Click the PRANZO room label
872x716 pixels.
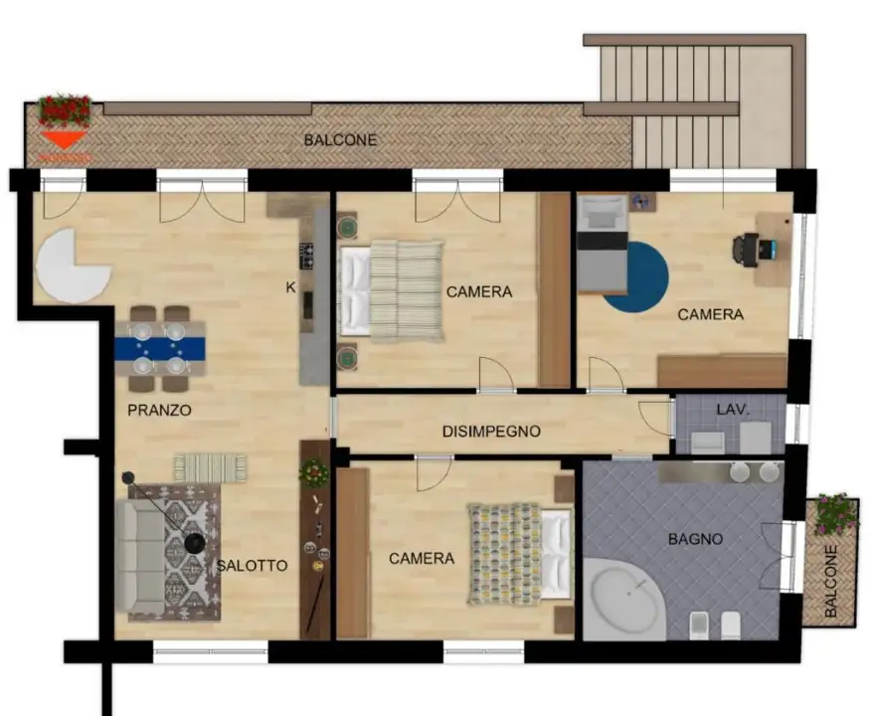[159, 410]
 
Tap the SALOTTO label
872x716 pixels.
[252, 566]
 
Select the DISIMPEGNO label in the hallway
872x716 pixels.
[491, 432]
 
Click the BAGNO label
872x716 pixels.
[695, 539]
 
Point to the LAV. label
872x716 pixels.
[732, 409]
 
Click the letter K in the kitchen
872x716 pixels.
[290, 287]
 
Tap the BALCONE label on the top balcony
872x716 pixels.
[340, 140]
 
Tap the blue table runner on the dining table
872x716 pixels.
[160, 349]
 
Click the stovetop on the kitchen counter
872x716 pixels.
[307, 257]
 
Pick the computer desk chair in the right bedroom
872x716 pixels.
[746, 249]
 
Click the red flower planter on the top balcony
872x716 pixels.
[65, 109]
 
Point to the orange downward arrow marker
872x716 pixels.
[63, 139]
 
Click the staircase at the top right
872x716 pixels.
[686, 99]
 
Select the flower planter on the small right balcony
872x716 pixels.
[835, 514]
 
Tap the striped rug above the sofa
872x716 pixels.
[210, 467]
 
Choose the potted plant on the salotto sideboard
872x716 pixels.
[314, 472]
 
